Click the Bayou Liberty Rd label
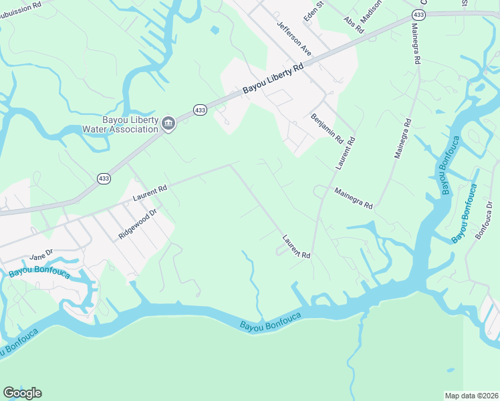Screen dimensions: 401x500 coord(273,78)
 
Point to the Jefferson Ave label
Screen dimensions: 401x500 coord(294,37)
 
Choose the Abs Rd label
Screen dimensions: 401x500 coord(354,26)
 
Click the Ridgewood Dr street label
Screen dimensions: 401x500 coord(137,224)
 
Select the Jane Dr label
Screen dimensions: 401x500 coord(41,257)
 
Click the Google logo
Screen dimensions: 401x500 coord(22,393)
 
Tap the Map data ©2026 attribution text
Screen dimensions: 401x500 coord(472,396)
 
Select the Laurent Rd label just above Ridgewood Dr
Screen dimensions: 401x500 coord(149,194)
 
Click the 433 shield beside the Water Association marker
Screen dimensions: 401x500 coord(199,110)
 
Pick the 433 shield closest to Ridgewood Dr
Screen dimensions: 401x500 coord(104,178)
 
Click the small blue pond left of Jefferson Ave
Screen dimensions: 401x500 coord(214,30)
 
